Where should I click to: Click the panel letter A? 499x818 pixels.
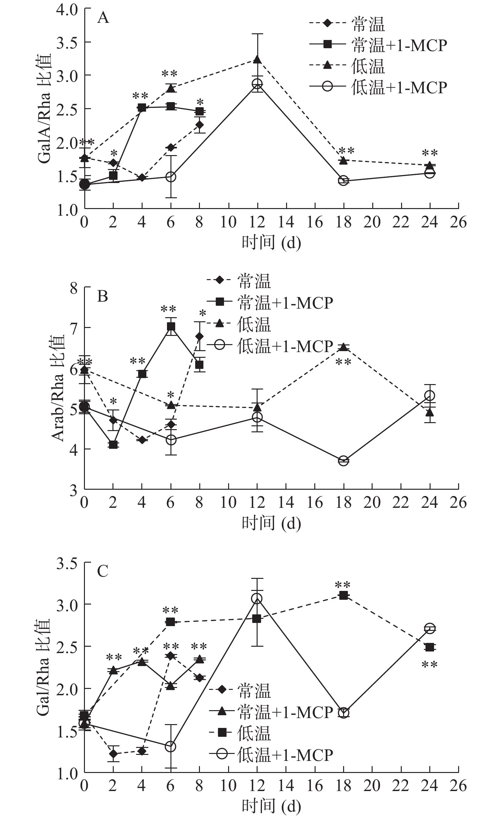[x=103, y=17]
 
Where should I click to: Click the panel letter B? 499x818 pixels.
[x=102, y=296]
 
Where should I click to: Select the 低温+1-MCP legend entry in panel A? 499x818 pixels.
[x=378, y=87]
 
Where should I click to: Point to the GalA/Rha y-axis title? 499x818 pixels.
[x=44, y=108]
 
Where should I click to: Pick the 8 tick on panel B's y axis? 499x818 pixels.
[x=74, y=288]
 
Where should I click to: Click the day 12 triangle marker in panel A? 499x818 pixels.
[x=257, y=59]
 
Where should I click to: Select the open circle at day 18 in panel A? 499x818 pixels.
[x=343, y=180]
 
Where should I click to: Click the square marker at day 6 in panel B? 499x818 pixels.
[x=171, y=327]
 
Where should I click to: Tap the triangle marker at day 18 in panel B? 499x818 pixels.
[x=343, y=347]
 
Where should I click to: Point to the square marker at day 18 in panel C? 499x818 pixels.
[x=343, y=595]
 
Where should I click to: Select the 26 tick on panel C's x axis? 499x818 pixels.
[x=458, y=786]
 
